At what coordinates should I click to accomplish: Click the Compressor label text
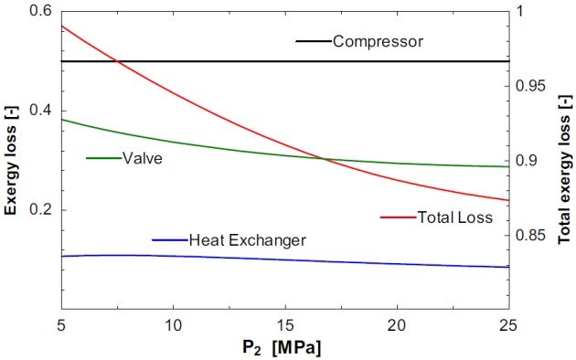point(378,42)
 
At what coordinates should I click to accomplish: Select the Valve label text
point(144,158)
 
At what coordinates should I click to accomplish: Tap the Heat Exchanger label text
point(247,240)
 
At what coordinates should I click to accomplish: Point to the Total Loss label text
point(454,217)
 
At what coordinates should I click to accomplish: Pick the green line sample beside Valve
point(103,158)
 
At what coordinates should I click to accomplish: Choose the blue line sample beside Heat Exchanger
point(169,240)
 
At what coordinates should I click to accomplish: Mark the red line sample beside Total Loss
point(398,217)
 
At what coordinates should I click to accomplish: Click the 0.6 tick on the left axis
point(39,11)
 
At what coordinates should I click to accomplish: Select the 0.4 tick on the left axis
point(39,111)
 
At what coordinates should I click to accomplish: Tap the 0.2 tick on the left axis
point(39,210)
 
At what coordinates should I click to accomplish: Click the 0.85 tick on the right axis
point(528,236)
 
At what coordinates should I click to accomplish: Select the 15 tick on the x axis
point(285,326)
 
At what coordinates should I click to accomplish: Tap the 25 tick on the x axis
point(509,326)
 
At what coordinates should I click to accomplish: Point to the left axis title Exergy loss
point(12,161)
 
